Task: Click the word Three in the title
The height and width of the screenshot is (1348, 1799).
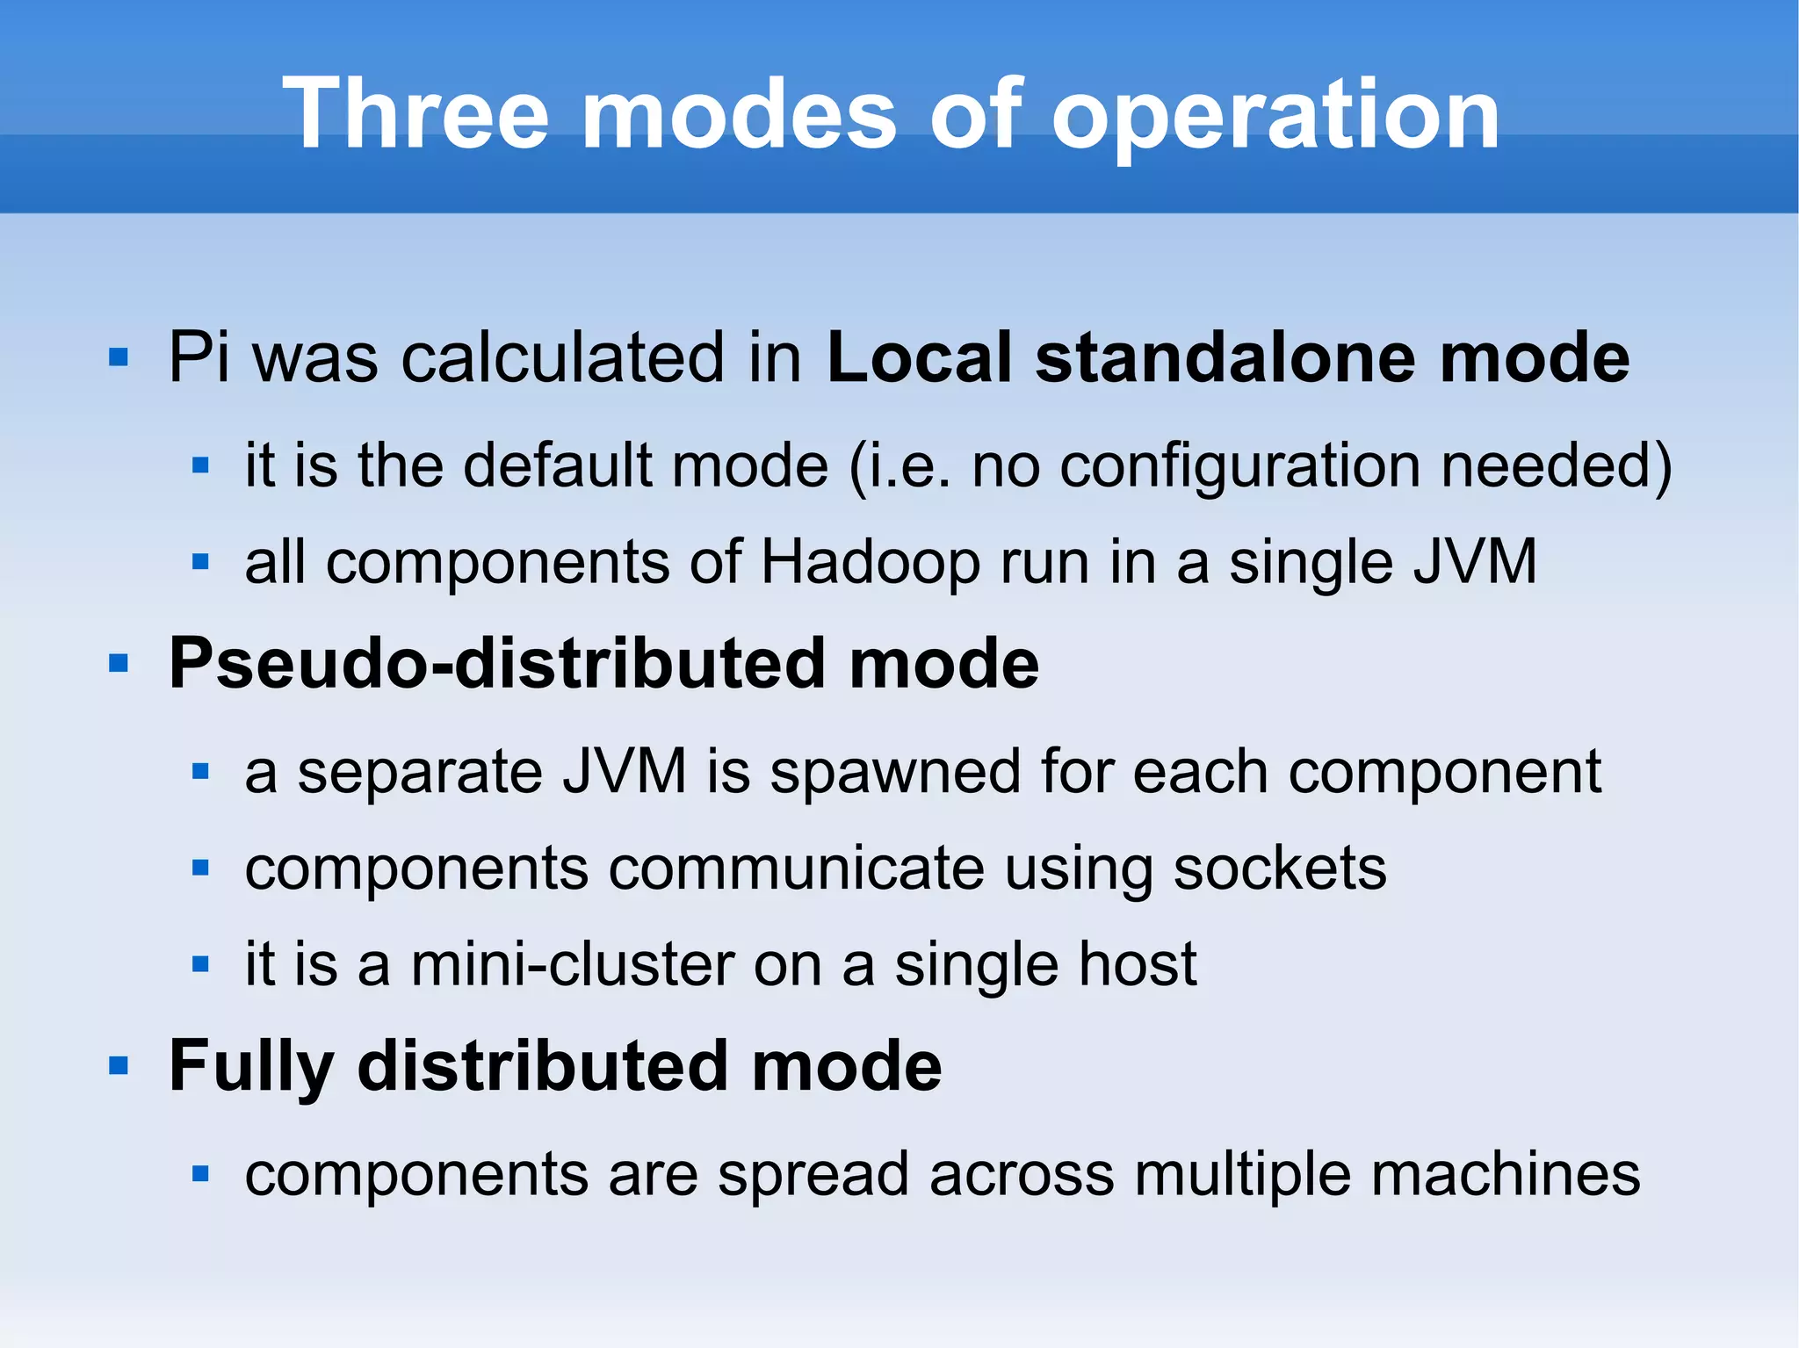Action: tap(415, 114)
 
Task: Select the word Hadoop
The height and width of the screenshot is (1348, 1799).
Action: tap(870, 563)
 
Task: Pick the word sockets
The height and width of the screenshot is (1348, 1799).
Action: tap(1280, 869)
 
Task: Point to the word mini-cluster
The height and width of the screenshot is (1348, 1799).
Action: tap(572, 964)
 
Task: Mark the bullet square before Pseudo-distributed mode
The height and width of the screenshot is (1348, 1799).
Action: tap(119, 663)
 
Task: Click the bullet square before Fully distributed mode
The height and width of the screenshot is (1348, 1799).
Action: tap(119, 1066)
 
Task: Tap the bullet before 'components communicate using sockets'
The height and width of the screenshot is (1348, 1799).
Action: tap(200, 869)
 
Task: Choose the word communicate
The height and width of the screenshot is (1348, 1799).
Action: tap(796, 869)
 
